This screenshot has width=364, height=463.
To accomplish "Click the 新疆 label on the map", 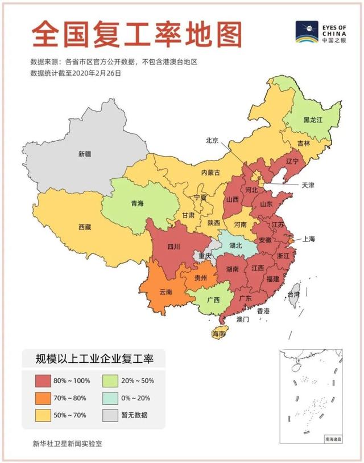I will pyautogui.click(x=84, y=154).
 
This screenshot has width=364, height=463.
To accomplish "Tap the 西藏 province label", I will pyautogui.click(x=85, y=227).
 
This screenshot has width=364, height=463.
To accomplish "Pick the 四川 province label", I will pyautogui.click(x=173, y=247).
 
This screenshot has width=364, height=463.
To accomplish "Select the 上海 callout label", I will pyautogui.click(x=311, y=240).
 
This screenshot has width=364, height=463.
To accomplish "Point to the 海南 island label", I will pyautogui.click(x=218, y=334).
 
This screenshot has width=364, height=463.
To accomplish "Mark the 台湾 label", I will pyautogui.click(x=293, y=295).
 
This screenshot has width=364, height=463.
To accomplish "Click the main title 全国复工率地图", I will pyautogui.click(x=136, y=34).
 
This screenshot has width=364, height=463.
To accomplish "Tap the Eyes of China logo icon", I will pyautogui.click(x=306, y=33).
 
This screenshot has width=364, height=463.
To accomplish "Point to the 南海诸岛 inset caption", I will pyautogui.click(x=333, y=440).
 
